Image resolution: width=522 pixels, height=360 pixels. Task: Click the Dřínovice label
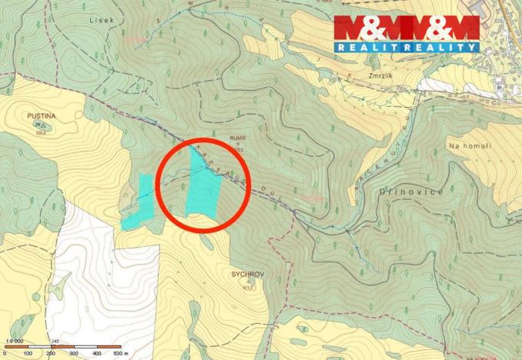[412, 192]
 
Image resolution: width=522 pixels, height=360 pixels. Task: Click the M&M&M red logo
[406, 28]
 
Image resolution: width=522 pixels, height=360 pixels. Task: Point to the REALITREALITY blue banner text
[406, 48]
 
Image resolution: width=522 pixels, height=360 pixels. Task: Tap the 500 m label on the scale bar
[120, 353]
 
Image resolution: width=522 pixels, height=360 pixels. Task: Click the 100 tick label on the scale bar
[28, 353]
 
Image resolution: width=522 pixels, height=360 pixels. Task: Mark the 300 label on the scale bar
[74, 353]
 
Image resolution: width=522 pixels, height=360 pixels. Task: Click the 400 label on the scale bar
[97, 353]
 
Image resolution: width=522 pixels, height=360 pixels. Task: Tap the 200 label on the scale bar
[51, 353]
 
